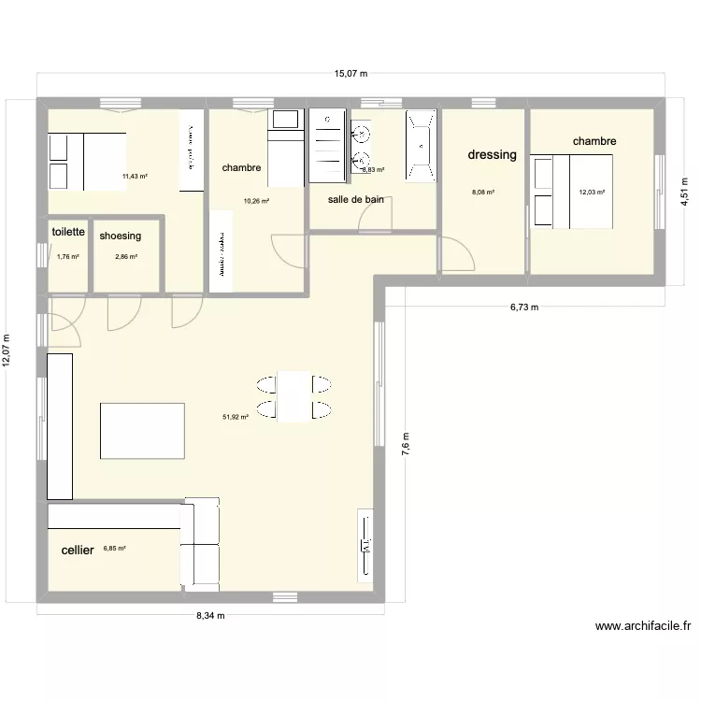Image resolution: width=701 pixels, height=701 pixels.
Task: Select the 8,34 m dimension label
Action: (x=210, y=615)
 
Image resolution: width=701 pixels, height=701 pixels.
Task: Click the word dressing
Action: (x=492, y=155)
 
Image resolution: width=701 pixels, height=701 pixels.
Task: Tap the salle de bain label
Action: (x=355, y=199)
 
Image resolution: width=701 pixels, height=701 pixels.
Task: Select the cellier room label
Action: (x=78, y=551)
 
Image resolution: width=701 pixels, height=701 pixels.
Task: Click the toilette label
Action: (x=69, y=232)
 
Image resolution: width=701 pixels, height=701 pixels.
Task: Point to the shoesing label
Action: (x=120, y=236)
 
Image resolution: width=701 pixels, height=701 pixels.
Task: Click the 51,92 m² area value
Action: (x=235, y=417)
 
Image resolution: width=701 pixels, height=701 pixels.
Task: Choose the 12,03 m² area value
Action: (x=592, y=193)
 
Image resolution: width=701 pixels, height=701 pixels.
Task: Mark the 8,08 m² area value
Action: (x=483, y=193)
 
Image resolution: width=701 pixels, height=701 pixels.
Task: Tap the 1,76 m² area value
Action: (x=68, y=256)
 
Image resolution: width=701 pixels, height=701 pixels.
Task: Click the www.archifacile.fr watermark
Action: (x=642, y=628)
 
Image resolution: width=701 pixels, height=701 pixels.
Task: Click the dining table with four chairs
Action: (x=294, y=396)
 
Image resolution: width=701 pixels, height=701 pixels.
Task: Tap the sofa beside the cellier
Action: (x=200, y=544)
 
